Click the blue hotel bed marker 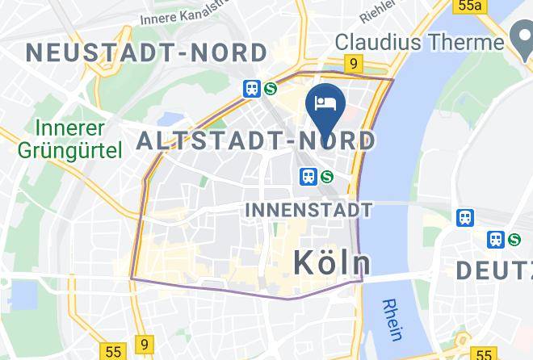point(326,103)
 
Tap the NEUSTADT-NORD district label point(146,53)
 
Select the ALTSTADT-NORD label point(256,141)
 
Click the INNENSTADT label point(308,210)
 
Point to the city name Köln point(331,262)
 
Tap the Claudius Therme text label point(419,41)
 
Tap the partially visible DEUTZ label point(494,270)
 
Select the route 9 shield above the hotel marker point(353,63)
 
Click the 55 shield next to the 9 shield point(113,351)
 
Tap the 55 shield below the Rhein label point(484,354)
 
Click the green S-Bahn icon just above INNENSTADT point(327,176)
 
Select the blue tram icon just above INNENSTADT point(308,176)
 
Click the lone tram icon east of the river point(465,217)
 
